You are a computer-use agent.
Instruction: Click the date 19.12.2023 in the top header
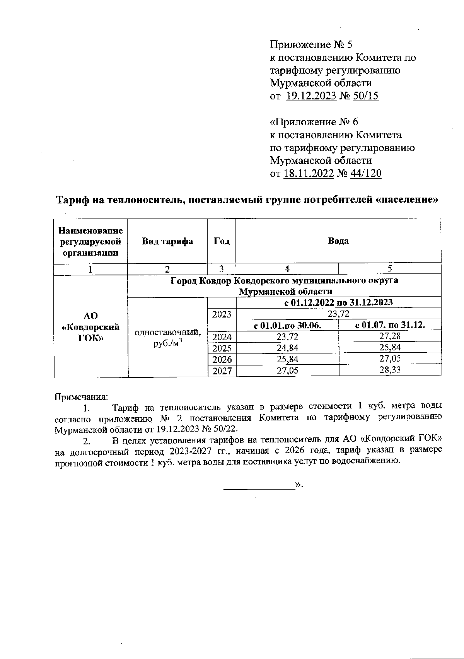pos(311,96)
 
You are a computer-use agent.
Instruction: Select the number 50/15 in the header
pos(366,96)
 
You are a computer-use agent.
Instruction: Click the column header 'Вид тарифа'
pos(167,241)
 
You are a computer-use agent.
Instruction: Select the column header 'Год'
pos(222,241)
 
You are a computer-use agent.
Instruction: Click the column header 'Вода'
pos(338,241)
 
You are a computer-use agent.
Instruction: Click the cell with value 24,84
pos(287,348)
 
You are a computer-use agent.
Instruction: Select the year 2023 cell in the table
pos(222,314)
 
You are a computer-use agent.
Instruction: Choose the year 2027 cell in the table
pos(222,371)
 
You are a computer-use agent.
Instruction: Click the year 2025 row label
pos(222,348)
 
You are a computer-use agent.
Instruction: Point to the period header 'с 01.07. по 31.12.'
pos(389,325)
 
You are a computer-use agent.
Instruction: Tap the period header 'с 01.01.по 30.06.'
pos(287,325)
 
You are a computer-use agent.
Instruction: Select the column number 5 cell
pos(389,269)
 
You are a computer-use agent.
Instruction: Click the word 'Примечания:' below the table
pos(81,397)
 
